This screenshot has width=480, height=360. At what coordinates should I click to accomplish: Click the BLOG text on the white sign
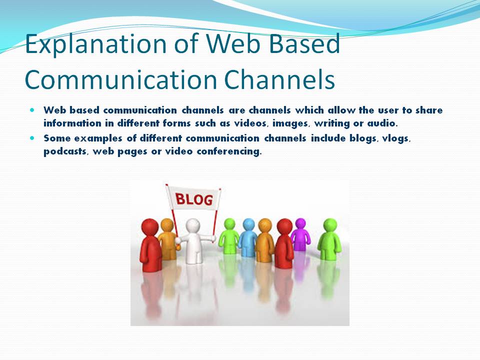pos(194,200)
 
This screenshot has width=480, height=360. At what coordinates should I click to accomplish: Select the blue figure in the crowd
pos(247,237)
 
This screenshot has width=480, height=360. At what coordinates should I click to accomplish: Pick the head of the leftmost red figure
pos(149,227)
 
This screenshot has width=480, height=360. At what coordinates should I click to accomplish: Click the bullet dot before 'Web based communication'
pos(33,109)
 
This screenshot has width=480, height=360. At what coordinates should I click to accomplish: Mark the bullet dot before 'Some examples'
pos(33,137)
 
